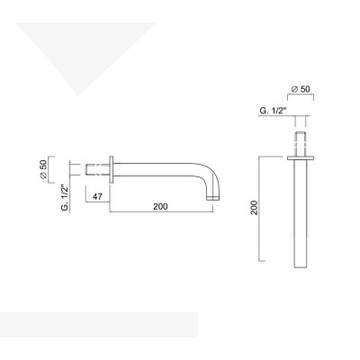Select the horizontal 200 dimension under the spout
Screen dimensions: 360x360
[160, 208]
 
